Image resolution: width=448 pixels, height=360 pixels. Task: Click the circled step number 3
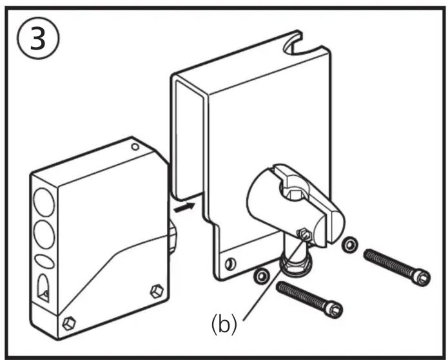pos(38,38)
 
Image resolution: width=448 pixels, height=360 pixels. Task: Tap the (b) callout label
pos(224,325)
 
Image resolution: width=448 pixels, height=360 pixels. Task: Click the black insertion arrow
pos(184,207)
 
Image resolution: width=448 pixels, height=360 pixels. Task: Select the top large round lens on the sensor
pos(44,202)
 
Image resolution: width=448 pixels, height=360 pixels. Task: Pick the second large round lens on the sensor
pos(44,234)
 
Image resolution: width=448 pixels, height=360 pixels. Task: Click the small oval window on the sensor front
pos(44,261)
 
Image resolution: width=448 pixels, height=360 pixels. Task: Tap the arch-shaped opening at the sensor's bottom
pos(43,289)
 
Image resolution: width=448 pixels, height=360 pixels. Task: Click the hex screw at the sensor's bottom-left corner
pos(69,323)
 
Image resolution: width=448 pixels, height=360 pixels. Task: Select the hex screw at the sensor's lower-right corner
pos(157,291)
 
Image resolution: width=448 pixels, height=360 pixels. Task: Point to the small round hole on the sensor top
pos(135,147)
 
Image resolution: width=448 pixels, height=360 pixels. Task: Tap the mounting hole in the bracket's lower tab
pos(230,264)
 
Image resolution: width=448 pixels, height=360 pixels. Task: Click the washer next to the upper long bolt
pos(349,244)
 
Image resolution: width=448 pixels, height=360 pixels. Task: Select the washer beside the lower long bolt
pos(262,276)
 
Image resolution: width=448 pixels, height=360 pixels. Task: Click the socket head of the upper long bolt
pos(421,277)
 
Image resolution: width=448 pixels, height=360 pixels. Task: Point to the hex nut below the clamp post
pos(295,264)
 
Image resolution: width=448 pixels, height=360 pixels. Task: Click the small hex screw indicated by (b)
pos(304,234)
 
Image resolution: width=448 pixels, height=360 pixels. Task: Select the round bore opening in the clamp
pos(294,192)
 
